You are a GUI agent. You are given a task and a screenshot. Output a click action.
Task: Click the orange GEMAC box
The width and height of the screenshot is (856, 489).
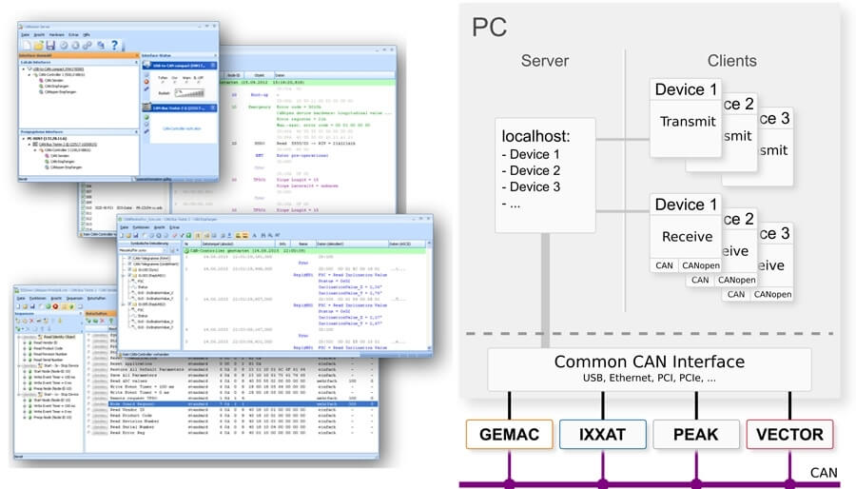coord(509,435)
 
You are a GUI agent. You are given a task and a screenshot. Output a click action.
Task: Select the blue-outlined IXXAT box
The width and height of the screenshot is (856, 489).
coord(603,435)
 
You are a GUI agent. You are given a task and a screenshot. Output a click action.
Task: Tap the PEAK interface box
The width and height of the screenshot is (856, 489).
coord(696,435)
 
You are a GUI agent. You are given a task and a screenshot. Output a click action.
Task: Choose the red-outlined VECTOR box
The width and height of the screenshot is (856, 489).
coord(789,435)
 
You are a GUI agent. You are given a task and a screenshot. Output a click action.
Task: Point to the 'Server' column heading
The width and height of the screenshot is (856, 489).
coord(545,61)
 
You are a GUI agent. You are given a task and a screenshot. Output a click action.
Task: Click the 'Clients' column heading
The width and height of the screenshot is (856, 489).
coord(732,61)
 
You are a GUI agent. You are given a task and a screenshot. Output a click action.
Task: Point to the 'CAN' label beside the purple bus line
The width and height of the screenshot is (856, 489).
coord(823,472)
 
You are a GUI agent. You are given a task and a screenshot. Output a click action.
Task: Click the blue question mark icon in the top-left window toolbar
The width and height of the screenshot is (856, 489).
coord(115,45)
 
